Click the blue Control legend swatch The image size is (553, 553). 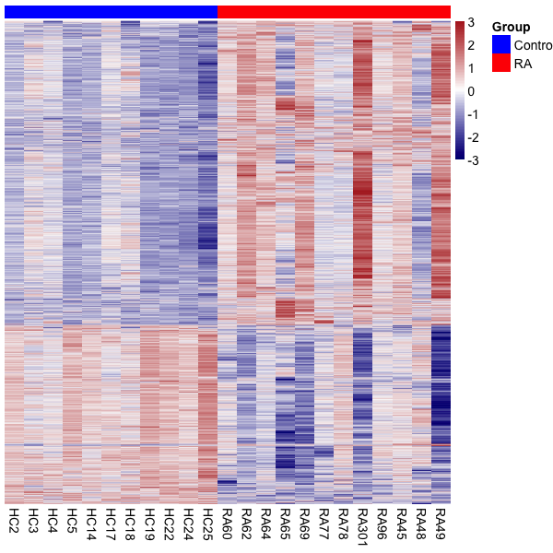pos(501,45)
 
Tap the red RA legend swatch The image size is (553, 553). pos(501,64)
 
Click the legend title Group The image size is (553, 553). pos(511,28)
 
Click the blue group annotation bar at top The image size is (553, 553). pos(111,11)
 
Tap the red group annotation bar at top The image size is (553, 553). pos(334,11)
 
